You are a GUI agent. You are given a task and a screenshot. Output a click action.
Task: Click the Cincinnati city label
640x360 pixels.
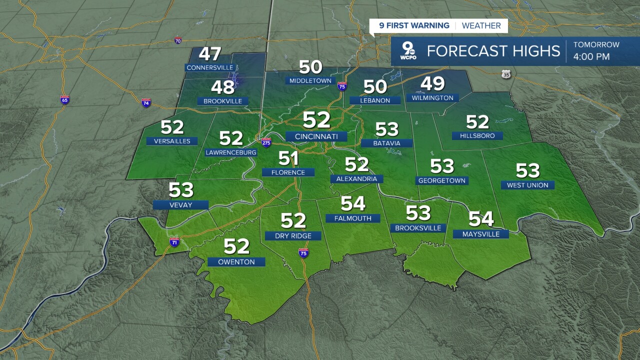[316, 136]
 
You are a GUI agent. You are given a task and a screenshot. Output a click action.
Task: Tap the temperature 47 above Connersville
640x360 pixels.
[211, 54]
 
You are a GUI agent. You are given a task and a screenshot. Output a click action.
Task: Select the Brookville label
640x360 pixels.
[222, 101]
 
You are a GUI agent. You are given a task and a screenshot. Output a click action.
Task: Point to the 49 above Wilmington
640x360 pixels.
[433, 84]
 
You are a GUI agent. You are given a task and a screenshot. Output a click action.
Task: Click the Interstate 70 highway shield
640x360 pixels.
[178, 40]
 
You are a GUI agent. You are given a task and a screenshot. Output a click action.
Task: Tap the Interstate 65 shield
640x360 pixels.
[64, 99]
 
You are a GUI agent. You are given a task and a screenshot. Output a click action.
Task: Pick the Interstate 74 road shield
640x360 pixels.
[146, 102]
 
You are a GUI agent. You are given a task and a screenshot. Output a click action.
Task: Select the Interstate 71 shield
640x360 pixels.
[174, 242]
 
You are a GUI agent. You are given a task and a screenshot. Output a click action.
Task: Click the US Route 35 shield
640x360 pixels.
[506, 74]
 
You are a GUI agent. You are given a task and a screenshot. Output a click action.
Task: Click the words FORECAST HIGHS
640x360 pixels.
[492, 51]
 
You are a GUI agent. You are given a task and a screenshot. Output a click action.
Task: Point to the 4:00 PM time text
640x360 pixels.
[591, 56]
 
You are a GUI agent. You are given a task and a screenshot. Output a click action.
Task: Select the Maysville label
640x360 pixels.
[480, 234]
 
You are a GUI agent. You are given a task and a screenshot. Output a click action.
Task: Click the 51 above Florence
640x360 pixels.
[288, 158]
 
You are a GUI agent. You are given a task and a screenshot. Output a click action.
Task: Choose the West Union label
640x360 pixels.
[527, 185]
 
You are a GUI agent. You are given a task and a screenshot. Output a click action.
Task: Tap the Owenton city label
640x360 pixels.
[236, 261]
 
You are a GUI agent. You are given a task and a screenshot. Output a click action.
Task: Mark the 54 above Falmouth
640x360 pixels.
[353, 204]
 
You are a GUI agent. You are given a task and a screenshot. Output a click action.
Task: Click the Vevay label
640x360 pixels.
[180, 204]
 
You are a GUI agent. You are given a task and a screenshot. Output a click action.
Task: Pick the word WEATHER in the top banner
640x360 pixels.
[481, 25]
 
